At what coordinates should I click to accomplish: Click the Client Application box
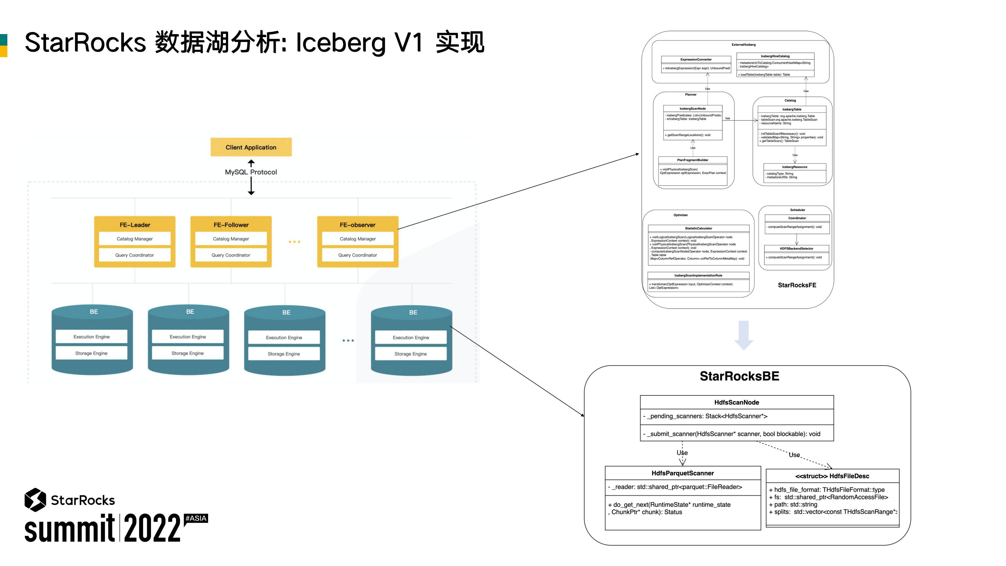click(251, 147)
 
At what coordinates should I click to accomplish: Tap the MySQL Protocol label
click(251, 172)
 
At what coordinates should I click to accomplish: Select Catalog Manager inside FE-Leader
click(135, 239)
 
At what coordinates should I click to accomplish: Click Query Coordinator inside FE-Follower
click(231, 255)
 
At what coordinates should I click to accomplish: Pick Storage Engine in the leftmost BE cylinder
click(91, 353)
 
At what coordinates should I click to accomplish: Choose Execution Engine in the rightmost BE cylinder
click(410, 338)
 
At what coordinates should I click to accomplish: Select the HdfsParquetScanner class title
click(682, 473)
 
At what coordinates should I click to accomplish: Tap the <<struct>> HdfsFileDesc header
click(832, 476)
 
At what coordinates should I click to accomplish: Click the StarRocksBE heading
click(739, 376)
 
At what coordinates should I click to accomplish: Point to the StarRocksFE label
click(797, 285)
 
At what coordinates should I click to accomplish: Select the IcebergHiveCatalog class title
click(775, 56)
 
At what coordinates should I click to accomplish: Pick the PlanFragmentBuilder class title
click(693, 160)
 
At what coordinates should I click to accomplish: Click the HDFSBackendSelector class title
click(796, 249)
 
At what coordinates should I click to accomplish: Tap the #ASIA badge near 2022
click(196, 518)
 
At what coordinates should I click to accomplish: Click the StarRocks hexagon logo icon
click(35, 500)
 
